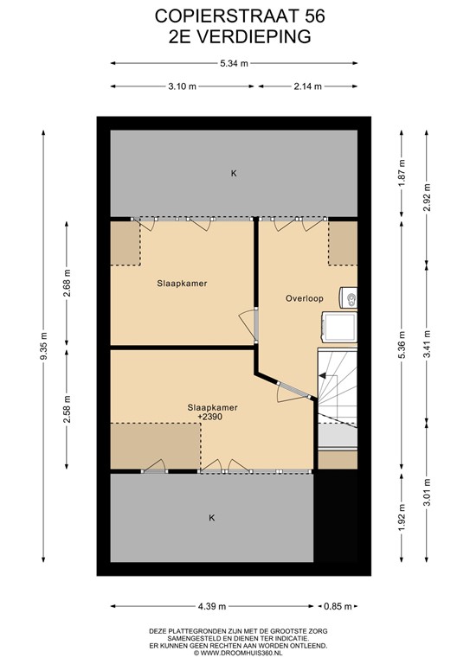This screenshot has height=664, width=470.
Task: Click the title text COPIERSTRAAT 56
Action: coord(235,16)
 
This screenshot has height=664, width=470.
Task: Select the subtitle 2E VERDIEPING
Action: coord(235,35)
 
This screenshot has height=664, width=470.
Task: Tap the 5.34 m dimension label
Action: coord(234,63)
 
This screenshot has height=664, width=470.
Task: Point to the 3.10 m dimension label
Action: coord(181,86)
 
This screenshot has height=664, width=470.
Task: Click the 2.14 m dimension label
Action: coord(308,86)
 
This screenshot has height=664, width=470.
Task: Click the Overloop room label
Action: coord(305,298)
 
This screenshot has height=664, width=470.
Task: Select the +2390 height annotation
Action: coord(213,418)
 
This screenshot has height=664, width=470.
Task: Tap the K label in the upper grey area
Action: coord(233,174)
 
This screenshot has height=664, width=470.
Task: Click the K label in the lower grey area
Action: coord(211,518)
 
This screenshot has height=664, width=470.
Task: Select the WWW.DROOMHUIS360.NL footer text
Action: coord(235,654)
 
